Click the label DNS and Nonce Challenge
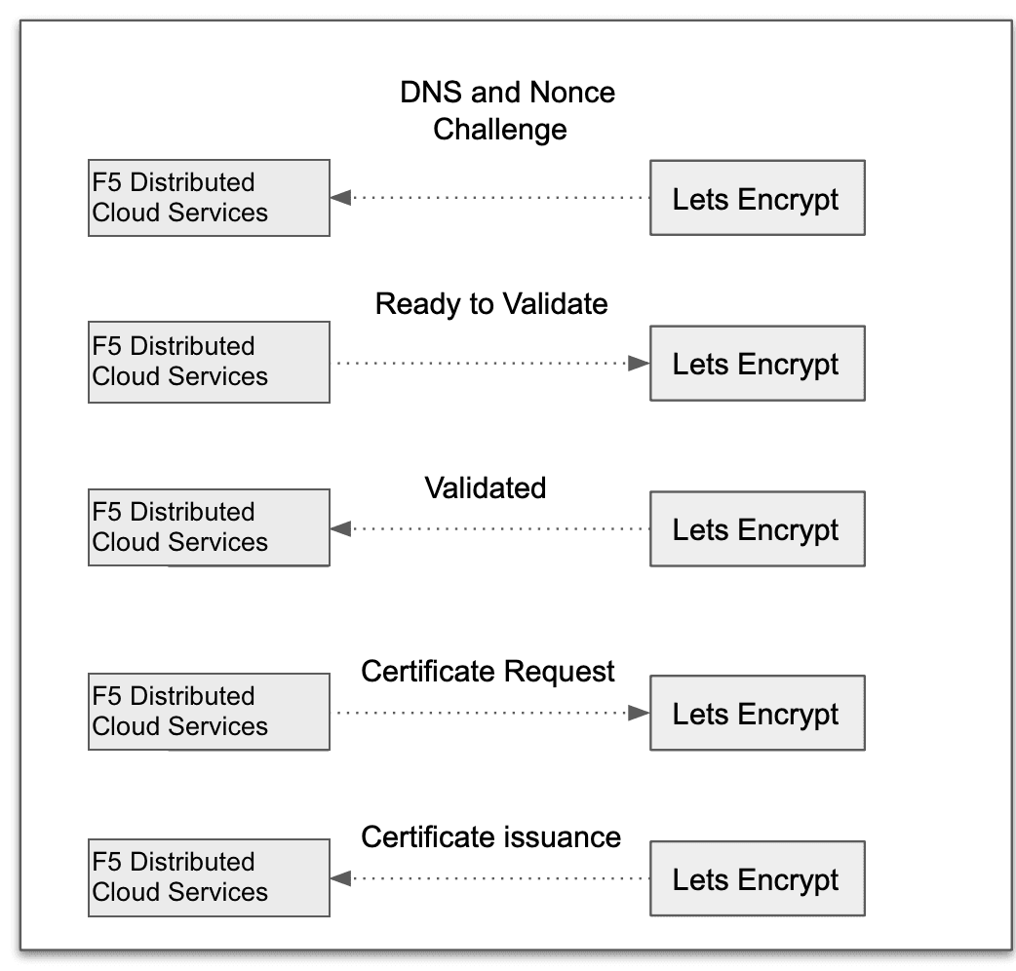tap(507, 110)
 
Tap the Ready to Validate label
tap(491, 304)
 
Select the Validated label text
tap(486, 487)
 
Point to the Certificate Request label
tap(488, 672)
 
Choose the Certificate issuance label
tap(491, 837)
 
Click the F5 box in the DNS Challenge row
tap(209, 198)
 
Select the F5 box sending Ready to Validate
tap(209, 363)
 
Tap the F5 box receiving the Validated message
tap(209, 528)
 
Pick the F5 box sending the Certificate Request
tap(209, 712)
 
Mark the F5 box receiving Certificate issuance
tap(209, 877)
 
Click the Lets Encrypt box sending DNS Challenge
tap(757, 198)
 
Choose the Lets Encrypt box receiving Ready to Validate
tap(757, 364)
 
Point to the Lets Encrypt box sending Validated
tap(757, 529)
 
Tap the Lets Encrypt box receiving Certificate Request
tap(757, 713)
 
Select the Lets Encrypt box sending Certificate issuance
tap(757, 878)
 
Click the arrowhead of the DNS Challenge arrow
tap(340, 198)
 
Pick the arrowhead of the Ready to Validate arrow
tap(639, 364)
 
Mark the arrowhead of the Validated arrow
tap(340, 529)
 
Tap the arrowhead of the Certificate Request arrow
tap(639, 713)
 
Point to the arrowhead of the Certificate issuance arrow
tap(340, 878)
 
